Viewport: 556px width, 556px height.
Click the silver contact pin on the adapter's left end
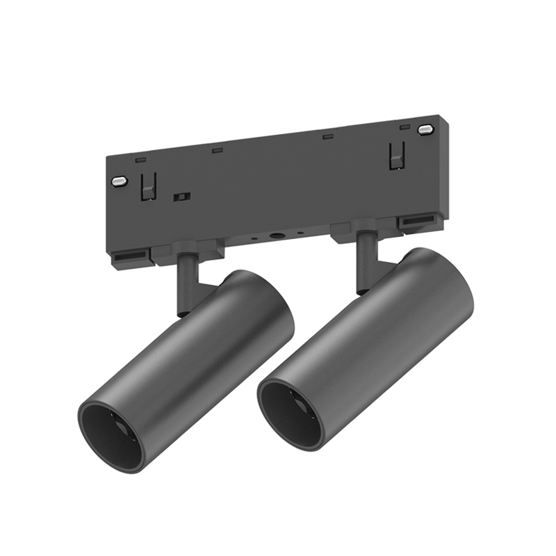(x=120, y=181)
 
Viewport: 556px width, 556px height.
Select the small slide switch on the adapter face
(x=182, y=197)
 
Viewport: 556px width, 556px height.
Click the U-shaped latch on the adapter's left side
(x=148, y=186)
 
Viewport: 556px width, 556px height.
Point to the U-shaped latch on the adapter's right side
(x=397, y=156)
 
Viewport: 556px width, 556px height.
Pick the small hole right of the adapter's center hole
(x=300, y=233)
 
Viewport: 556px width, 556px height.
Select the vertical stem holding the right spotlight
(x=366, y=261)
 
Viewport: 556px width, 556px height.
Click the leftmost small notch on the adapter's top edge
(x=141, y=160)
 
